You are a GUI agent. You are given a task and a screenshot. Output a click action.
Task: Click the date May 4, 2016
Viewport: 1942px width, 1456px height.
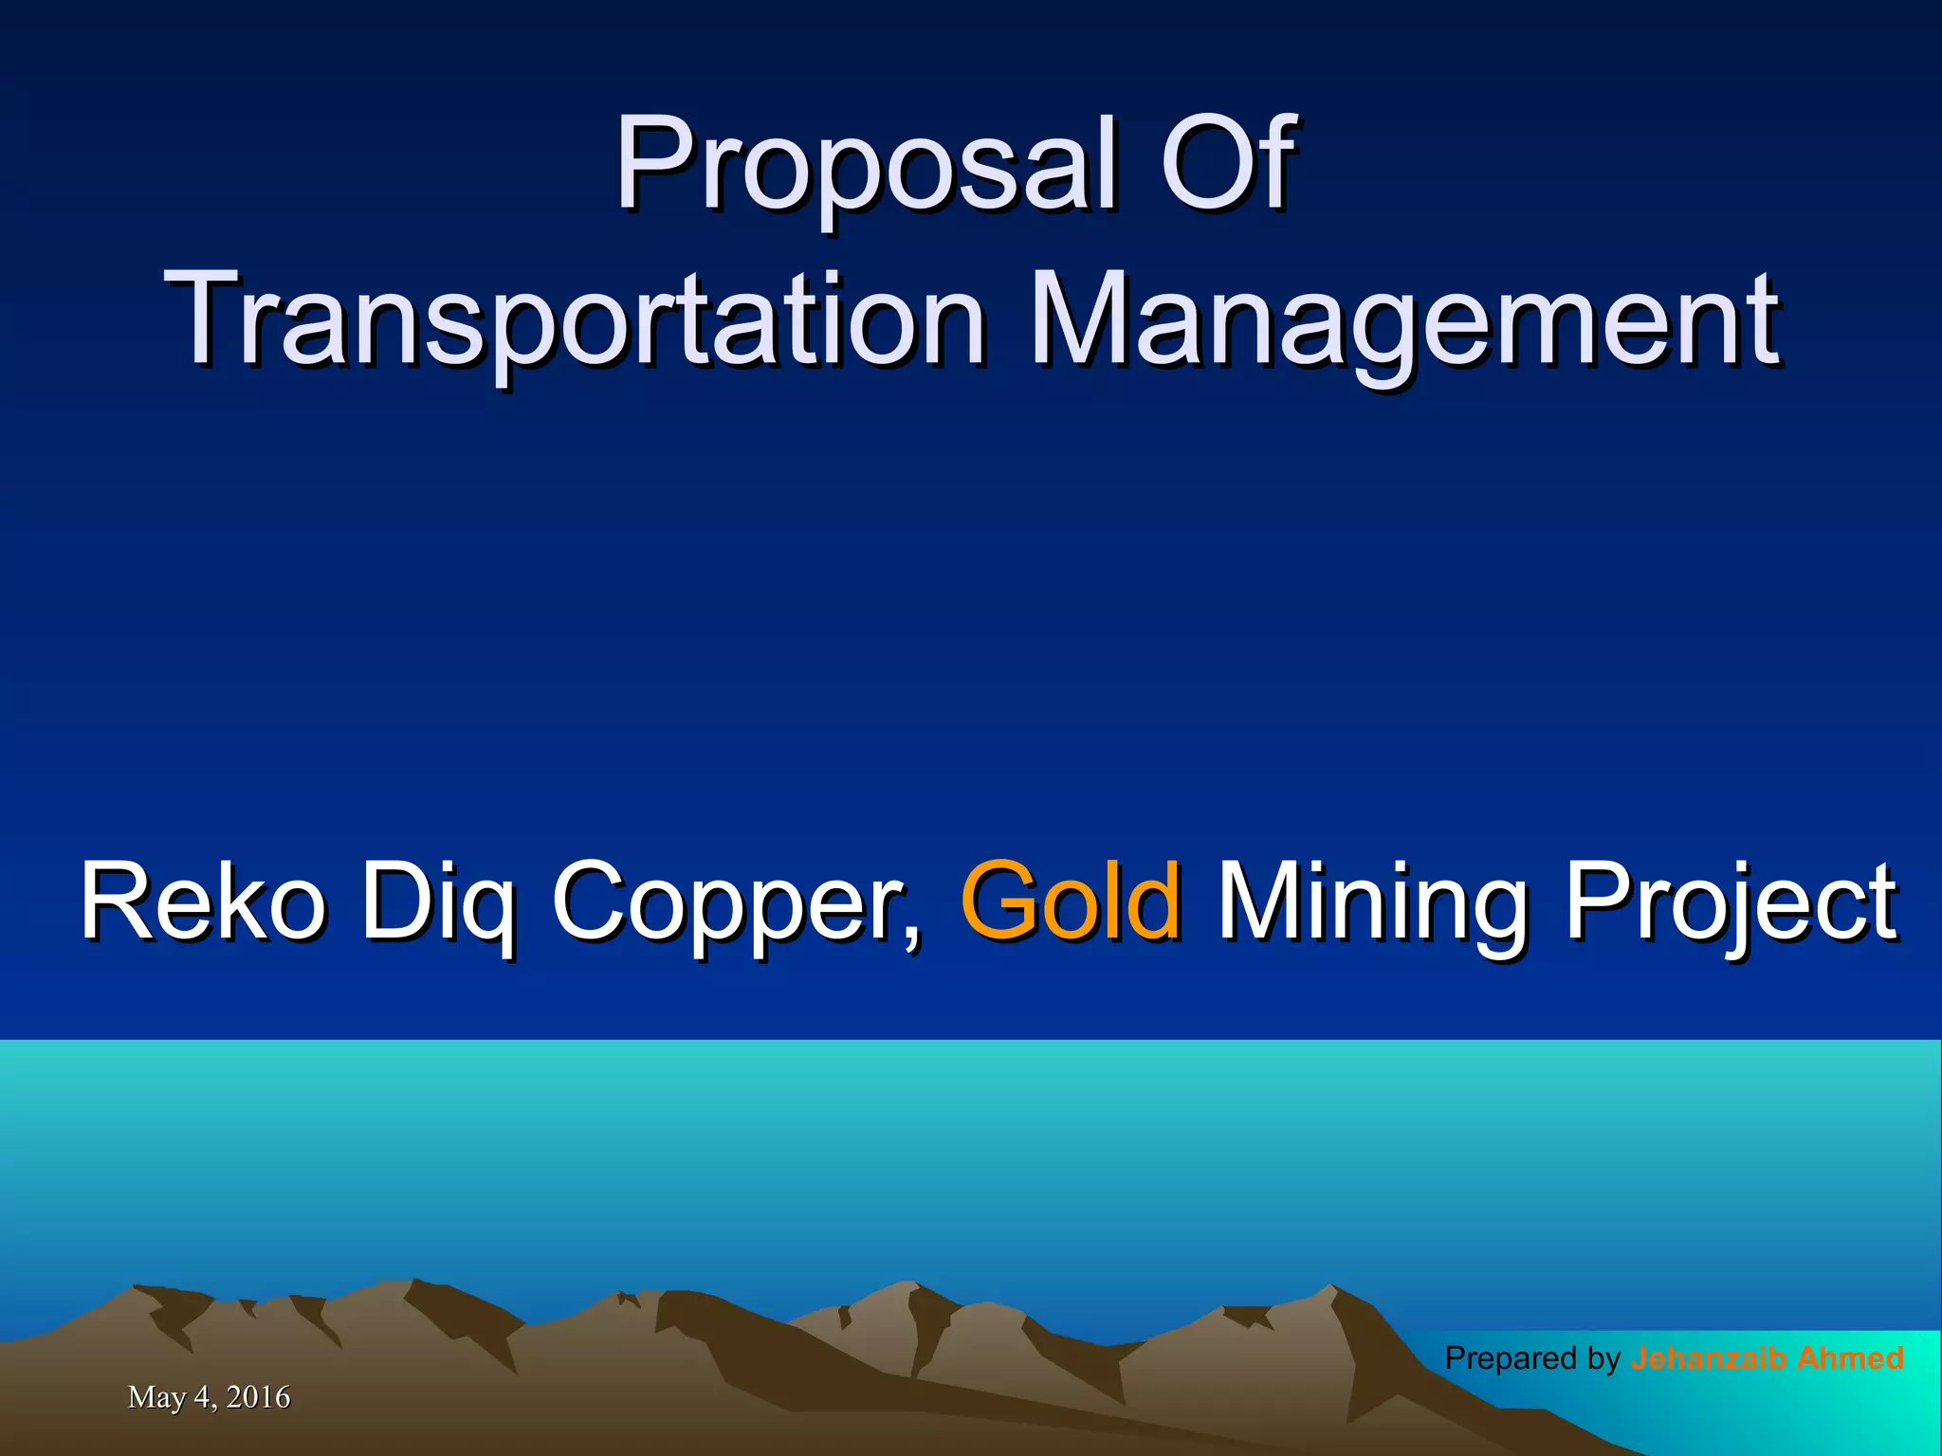click(209, 1396)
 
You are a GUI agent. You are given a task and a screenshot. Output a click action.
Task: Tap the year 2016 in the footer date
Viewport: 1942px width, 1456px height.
click(258, 1396)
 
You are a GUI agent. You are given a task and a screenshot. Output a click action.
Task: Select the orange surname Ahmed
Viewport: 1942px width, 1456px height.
click(1850, 1358)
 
